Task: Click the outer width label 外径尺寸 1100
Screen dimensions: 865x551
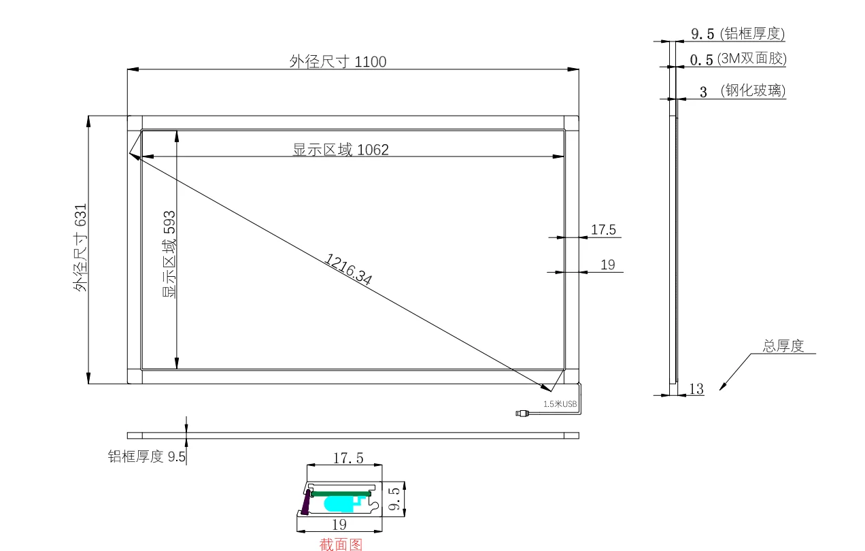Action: click(x=338, y=61)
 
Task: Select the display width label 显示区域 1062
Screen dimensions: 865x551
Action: click(x=341, y=150)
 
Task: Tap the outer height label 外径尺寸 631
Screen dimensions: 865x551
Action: click(x=80, y=248)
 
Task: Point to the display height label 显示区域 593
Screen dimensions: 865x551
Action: click(x=169, y=254)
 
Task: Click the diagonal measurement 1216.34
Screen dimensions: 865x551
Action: click(x=348, y=269)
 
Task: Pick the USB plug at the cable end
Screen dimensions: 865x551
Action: click(x=522, y=414)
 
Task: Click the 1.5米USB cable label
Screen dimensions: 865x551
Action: click(x=560, y=404)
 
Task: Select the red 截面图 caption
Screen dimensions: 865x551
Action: click(x=341, y=544)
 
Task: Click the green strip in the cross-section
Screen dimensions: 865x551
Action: click(x=341, y=494)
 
